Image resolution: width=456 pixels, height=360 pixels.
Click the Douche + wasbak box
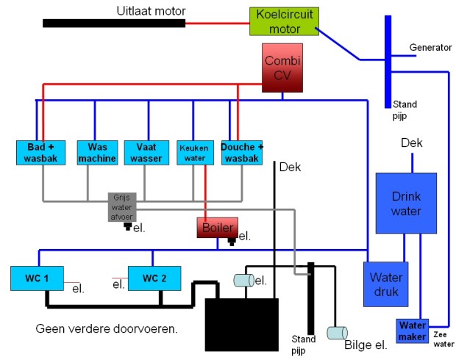242,152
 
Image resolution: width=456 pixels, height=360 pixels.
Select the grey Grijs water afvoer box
122,206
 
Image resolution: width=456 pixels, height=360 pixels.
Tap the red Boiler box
217,227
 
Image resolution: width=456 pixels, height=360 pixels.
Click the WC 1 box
36,278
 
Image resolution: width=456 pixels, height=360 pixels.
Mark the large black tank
241,324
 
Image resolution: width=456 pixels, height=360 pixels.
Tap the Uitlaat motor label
151,10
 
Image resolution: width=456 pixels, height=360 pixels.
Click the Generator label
430,47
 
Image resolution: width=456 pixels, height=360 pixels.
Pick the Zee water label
443,338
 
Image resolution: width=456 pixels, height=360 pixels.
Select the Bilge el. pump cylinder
340,332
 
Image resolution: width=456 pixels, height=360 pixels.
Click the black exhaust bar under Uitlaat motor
113,23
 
